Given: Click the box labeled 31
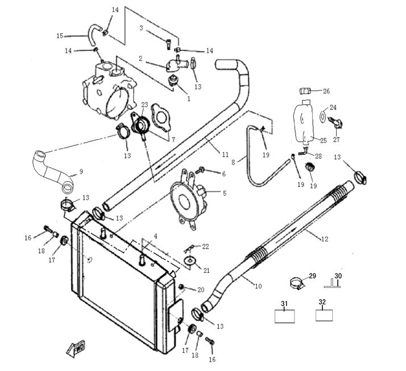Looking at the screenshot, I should [x=287, y=315].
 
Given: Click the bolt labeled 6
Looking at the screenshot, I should [x=200, y=170].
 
